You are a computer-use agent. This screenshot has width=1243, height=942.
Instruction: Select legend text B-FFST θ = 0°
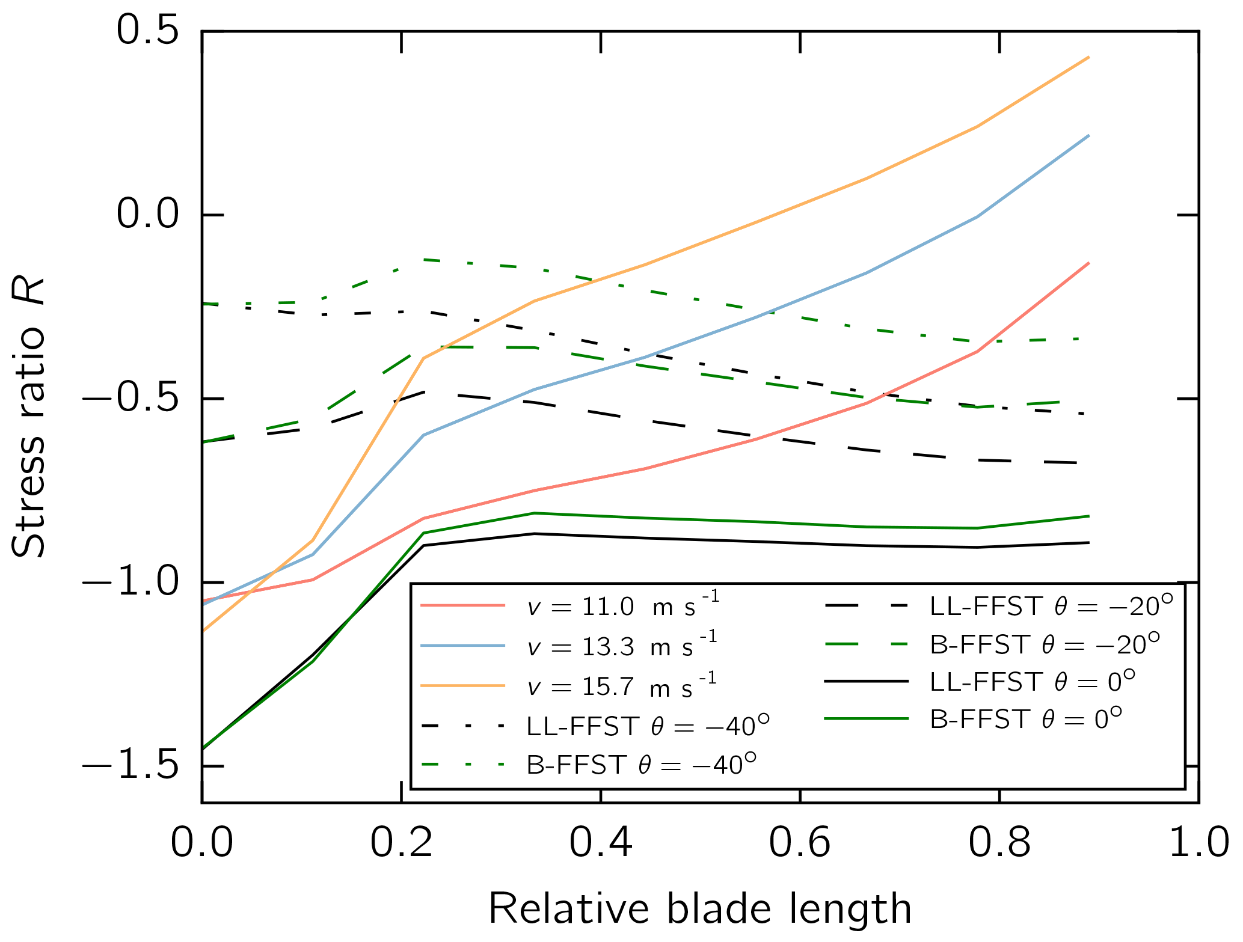click(x=1026, y=718)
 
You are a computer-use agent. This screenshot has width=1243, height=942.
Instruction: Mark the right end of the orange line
click(x=1089, y=57)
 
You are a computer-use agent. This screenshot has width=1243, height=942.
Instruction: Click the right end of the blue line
click(x=1089, y=135)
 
